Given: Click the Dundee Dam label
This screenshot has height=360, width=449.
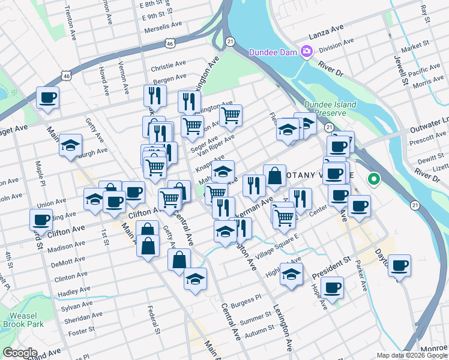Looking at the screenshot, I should [x=274, y=52].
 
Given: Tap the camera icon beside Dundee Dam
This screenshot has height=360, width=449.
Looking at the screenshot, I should [x=306, y=52].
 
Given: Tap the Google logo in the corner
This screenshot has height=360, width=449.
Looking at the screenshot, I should [x=20, y=353].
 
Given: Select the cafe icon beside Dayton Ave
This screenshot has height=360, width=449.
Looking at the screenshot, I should [x=399, y=265].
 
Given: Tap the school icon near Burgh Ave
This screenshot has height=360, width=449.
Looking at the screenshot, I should [x=70, y=145].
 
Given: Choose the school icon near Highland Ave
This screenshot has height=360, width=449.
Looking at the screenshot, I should [x=292, y=275].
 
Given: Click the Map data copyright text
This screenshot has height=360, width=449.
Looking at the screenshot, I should [x=412, y=355].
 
